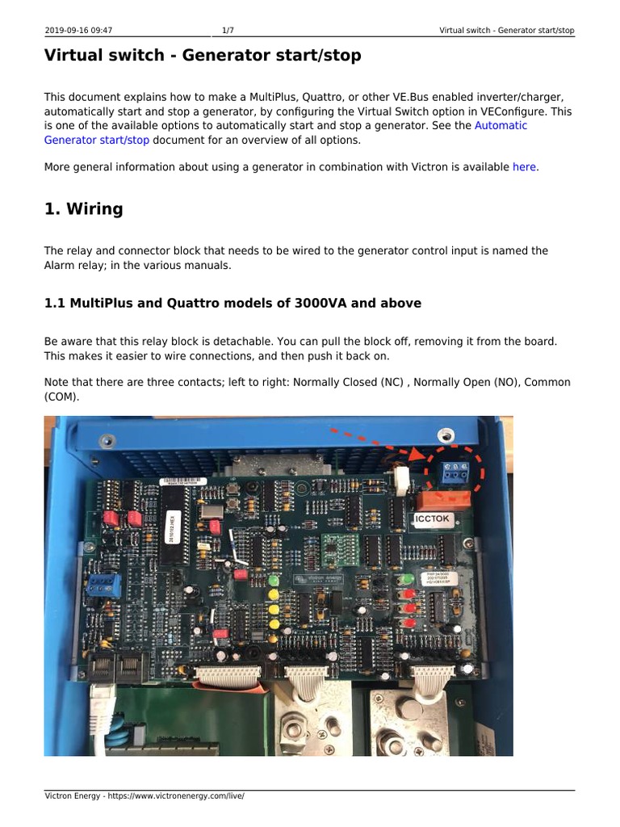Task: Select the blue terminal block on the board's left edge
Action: (x=100, y=584)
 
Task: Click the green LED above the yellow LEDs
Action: (x=274, y=580)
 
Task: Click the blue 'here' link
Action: (x=525, y=167)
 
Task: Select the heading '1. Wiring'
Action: (x=83, y=209)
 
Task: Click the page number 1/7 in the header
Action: (x=228, y=31)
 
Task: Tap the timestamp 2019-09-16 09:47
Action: (x=78, y=31)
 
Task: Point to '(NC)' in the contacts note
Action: (x=391, y=382)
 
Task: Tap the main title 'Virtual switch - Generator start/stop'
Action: (x=203, y=56)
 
